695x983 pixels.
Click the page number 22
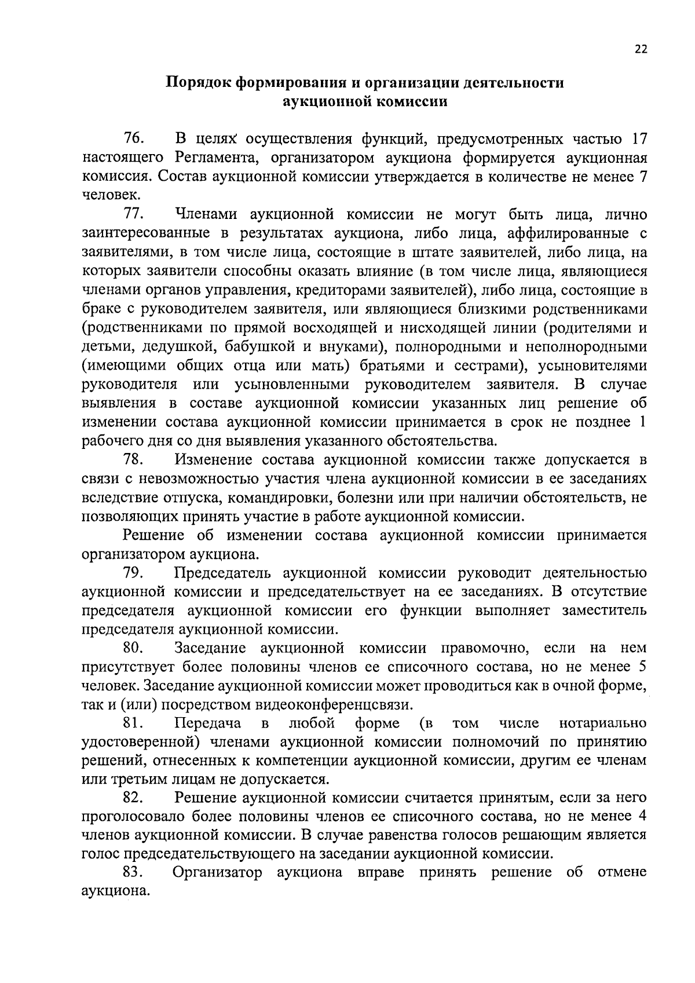(641, 50)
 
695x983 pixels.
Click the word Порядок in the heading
(197, 82)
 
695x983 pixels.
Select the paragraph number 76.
(134, 139)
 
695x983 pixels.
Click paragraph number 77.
(134, 215)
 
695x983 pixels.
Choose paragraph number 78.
(134, 459)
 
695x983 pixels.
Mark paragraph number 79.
(134, 573)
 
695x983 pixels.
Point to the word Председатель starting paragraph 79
(223, 573)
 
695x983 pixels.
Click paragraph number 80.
(134, 648)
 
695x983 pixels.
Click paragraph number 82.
(134, 798)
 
